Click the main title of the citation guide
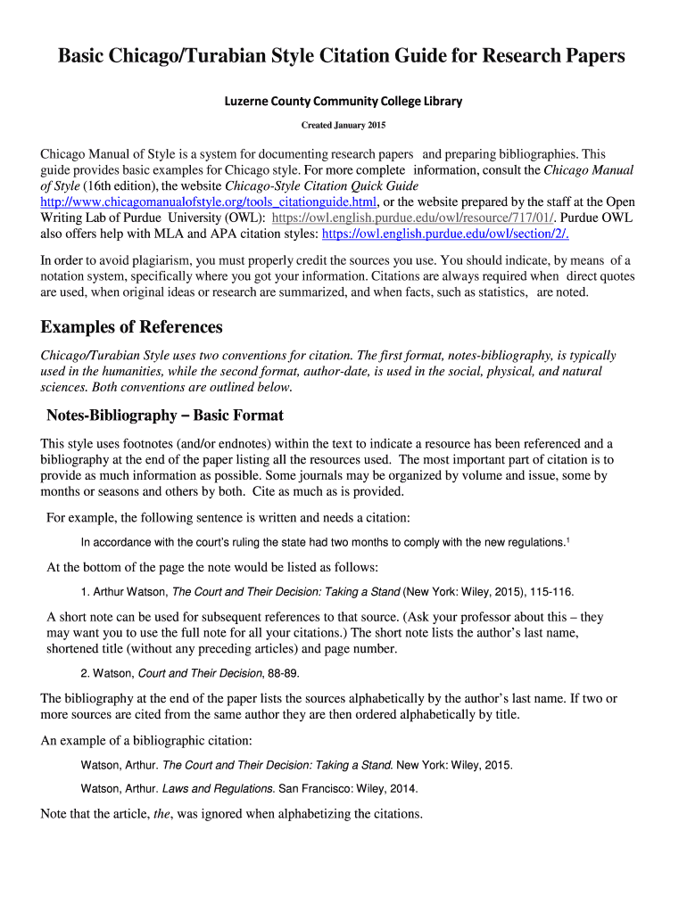[342, 57]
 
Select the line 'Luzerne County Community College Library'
[343, 101]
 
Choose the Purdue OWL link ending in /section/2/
[444, 234]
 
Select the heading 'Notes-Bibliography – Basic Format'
[165, 415]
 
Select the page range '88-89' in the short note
[283, 673]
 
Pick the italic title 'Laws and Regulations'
[218, 789]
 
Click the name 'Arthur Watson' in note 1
[129, 591]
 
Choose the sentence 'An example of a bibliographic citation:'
[147, 741]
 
